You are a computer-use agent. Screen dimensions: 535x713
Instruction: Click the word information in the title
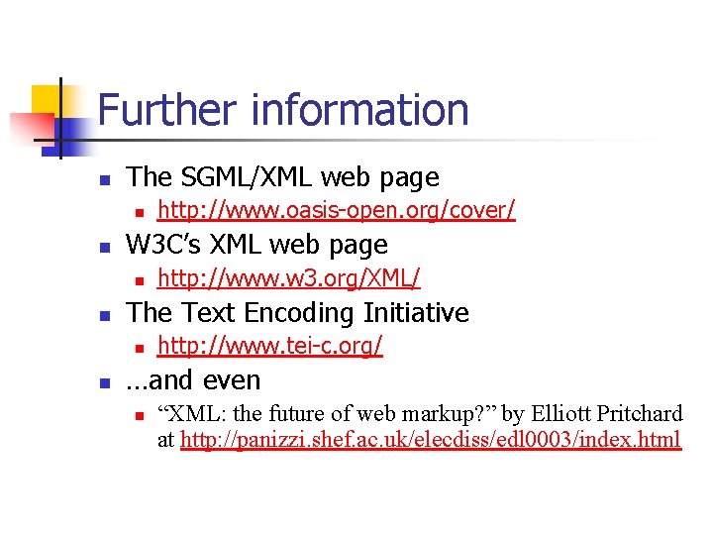(359, 110)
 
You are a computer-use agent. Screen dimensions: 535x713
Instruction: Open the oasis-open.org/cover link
(337, 210)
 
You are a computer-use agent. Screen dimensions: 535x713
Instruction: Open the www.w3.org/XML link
(289, 278)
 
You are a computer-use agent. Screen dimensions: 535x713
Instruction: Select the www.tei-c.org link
(270, 346)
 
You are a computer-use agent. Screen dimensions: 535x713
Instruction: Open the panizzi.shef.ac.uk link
(431, 439)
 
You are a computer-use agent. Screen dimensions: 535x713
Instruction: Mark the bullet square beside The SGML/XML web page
(104, 179)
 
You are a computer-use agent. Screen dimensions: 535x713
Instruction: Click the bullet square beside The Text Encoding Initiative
(104, 315)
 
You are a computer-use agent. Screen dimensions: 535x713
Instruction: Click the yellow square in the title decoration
(48, 99)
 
